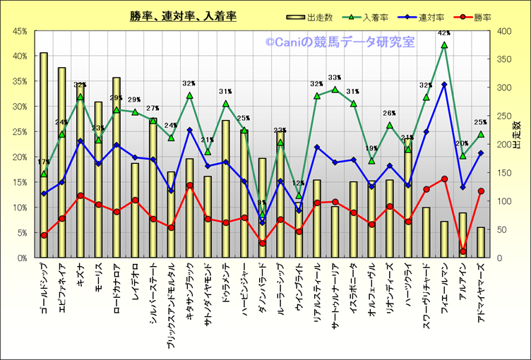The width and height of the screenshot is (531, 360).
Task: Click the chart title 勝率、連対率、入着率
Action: [183, 16]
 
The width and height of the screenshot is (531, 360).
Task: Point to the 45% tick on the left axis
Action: [19, 31]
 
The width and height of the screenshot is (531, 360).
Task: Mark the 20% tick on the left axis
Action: [19, 157]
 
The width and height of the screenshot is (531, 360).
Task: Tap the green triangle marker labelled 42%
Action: [444, 45]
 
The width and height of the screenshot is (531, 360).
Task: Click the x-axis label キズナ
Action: [80, 274]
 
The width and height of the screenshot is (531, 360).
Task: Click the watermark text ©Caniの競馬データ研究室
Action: [340, 42]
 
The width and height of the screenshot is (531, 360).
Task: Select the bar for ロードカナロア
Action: [117, 167]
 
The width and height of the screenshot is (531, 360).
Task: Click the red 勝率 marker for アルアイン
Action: [463, 251]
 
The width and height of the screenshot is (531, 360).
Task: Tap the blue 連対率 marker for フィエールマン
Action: [444, 85]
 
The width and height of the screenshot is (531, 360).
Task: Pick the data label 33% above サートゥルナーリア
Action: [335, 78]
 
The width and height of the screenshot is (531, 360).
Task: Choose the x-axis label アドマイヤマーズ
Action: [481, 288]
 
